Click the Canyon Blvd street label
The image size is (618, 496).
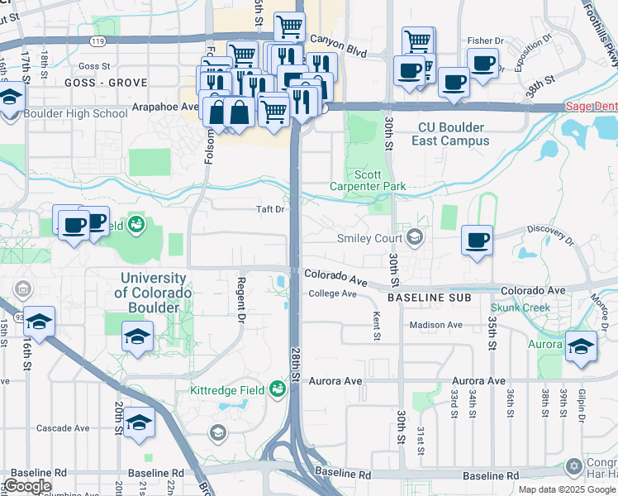click(x=337, y=39)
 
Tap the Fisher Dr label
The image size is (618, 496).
click(x=485, y=41)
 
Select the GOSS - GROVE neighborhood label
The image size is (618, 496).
click(x=104, y=83)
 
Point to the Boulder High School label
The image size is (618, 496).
click(x=76, y=114)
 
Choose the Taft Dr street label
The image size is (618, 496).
click(x=269, y=210)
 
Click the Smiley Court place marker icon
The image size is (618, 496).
click(x=415, y=239)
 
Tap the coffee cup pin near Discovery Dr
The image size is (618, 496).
click(x=478, y=241)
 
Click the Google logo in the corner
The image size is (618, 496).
click(x=27, y=486)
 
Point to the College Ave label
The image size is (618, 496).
click(x=332, y=294)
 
